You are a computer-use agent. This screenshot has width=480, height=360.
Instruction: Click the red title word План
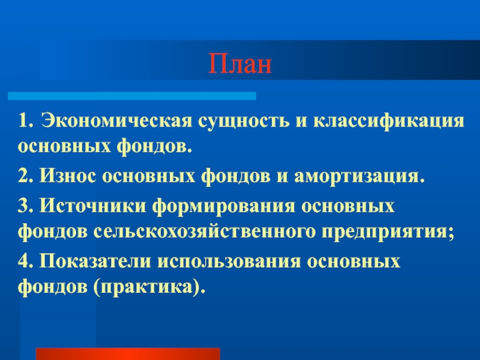(x=240, y=64)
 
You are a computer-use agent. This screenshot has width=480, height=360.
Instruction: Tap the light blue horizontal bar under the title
(x=132, y=96)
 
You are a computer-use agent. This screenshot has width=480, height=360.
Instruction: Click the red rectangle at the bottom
(x=128, y=354)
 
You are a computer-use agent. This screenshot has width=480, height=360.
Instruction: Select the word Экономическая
(x=117, y=121)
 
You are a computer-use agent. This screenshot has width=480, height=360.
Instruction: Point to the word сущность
(x=244, y=121)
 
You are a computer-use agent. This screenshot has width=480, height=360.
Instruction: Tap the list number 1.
(x=25, y=121)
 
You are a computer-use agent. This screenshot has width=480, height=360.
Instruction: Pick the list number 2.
(x=25, y=176)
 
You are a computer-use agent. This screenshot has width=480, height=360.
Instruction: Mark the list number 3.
(x=25, y=205)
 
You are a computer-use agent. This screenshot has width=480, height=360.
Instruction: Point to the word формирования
(x=224, y=206)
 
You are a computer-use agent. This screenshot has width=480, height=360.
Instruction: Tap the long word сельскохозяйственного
(x=204, y=232)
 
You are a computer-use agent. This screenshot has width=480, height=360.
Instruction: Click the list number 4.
(x=25, y=262)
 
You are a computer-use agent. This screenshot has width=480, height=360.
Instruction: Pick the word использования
(x=229, y=262)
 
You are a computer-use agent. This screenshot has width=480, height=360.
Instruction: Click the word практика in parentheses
(x=146, y=287)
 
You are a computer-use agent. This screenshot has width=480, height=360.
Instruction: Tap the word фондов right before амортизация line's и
(x=236, y=176)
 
